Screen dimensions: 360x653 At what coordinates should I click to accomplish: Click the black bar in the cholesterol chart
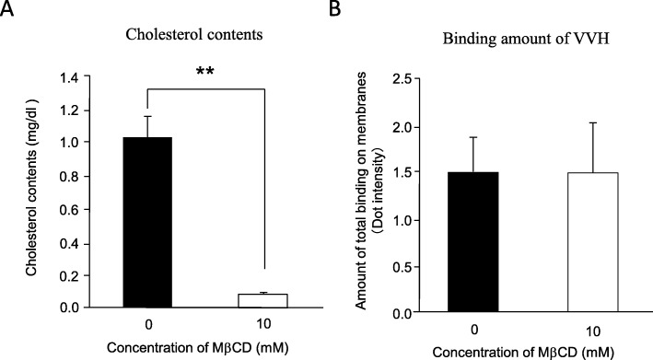coord(147,222)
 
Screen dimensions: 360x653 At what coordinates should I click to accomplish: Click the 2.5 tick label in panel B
coord(415,78)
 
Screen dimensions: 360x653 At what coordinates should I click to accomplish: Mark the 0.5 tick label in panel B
coord(415,266)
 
